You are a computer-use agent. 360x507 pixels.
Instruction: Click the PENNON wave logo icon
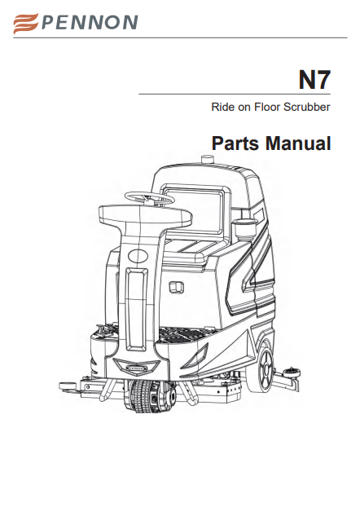tap(26, 24)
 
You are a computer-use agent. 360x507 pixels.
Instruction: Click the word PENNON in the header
tap(90, 22)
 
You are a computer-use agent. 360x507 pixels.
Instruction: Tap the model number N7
tap(314, 80)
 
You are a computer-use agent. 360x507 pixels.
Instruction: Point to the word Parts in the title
tap(235, 143)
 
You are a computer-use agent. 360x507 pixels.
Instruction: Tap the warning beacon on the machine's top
tap(208, 160)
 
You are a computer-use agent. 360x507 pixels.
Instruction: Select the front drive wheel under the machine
tap(150, 396)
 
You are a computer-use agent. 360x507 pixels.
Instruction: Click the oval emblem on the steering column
tap(138, 256)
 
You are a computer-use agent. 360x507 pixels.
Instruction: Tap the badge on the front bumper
tap(137, 368)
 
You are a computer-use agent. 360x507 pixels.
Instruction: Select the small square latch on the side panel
tap(177, 287)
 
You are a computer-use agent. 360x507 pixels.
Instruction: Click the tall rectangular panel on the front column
tap(136, 310)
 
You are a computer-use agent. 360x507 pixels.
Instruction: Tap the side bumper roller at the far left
tap(68, 386)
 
